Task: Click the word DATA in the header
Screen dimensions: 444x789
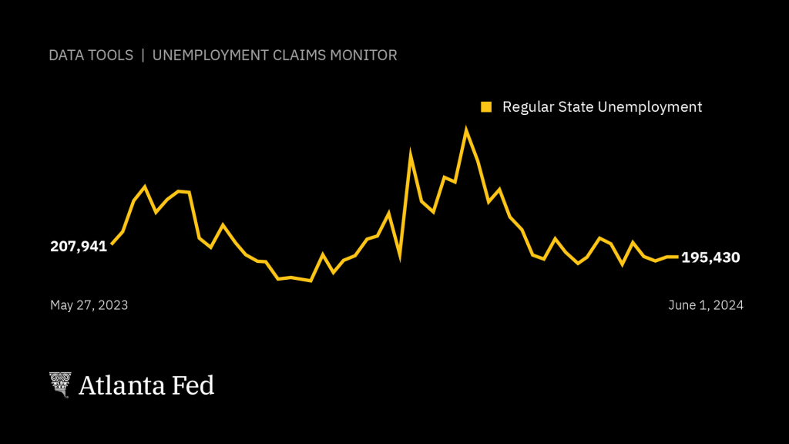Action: tap(65, 55)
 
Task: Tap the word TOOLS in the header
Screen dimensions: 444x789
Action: tap(110, 55)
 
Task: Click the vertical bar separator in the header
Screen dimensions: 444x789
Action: tap(143, 55)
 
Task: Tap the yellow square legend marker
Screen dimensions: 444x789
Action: tap(486, 106)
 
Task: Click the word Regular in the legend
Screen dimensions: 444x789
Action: tap(527, 107)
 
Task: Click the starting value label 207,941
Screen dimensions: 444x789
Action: tap(79, 247)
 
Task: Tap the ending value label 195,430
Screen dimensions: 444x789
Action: tap(710, 257)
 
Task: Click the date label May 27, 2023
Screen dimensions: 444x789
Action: tap(89, 305)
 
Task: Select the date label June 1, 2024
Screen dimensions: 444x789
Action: tap(705, 305)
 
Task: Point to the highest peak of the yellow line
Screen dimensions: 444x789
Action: tap(466, 129)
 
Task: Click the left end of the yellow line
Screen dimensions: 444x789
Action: tap(112, 244)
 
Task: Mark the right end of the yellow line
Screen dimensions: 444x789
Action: tap(677, 257)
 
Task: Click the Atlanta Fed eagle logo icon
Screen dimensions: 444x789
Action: tap(60, 385)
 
